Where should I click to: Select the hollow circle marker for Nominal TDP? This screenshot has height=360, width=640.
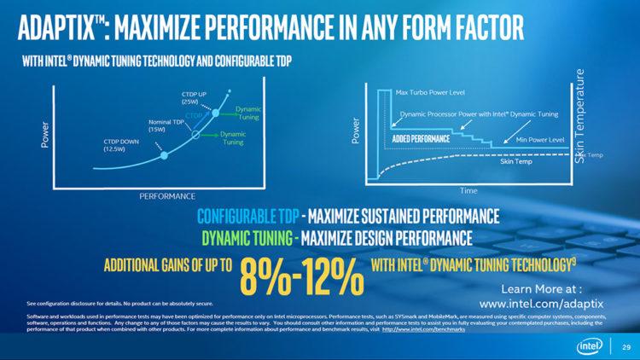coord(195,135)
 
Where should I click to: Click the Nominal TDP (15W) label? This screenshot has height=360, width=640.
coord(165,125)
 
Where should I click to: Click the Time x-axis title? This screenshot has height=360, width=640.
coord(468,190)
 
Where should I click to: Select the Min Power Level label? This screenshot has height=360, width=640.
coord(541,139)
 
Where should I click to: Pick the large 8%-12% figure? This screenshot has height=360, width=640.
coord(301,275)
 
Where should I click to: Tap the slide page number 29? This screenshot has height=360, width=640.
coord(625,345)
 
